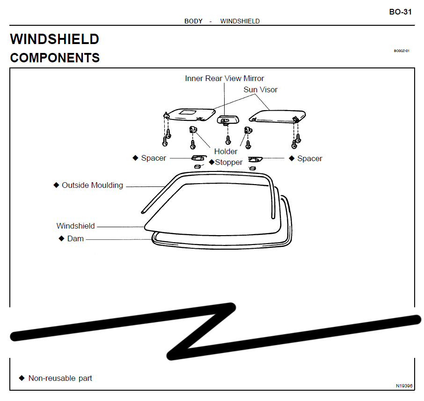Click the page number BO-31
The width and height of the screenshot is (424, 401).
tap(400, 12)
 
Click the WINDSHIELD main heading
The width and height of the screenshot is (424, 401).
tap(54, 39)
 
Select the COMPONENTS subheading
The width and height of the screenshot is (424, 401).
tap(55, 58)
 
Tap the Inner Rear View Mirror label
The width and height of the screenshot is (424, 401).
tap(225, 78)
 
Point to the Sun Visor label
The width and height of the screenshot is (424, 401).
tap(261, 89)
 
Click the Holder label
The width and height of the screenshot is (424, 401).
tap(226, 151)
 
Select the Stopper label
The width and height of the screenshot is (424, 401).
tap(229, 162)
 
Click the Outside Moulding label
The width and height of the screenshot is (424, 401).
tap(92, 185)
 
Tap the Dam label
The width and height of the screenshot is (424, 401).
tap(75, 238)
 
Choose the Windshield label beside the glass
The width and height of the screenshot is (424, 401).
tap(76, 226)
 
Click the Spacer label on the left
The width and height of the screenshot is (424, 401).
tap(154, 158)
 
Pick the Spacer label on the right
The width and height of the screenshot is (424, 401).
tap(309, 158)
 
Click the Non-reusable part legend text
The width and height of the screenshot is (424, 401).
tap(60, 378)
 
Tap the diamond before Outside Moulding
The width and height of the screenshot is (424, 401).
tap(57, 185)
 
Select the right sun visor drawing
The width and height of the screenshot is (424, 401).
tap(277, 115)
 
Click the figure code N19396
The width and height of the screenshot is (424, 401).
tap(404, 386)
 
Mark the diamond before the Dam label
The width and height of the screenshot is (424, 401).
tap(61, 238)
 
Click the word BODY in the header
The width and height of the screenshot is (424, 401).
tap(193, 21)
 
